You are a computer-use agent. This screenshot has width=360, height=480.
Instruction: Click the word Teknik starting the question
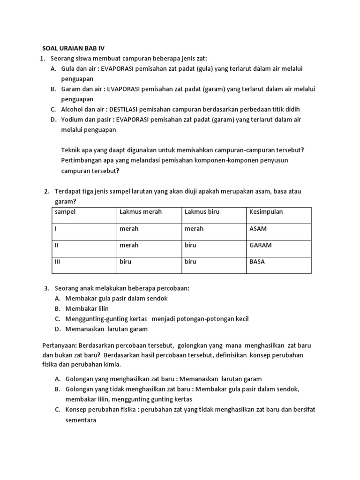pyautogui.click(x=71, y=150)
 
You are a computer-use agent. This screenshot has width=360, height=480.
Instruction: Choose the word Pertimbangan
pyautogui.click(x=82, y=160)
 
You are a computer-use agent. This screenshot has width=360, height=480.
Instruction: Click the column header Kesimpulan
pyautogui.click(x=266, y=212)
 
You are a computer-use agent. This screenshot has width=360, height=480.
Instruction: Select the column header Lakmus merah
pyautogui.click(x=141, y=212)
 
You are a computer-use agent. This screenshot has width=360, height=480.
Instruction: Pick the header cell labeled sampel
pyautogui.click(x=66, y=212)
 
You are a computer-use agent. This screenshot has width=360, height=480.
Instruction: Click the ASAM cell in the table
pyautogui.click(x=258, y=229)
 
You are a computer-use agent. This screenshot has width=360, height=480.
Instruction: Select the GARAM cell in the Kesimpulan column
pyautogui.click(x=260, y=245)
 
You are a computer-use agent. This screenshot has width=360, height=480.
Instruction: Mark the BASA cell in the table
pyautogui.click(x=257, y=262)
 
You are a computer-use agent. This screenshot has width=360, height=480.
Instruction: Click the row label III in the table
pyautogui.click(x=58, y=262)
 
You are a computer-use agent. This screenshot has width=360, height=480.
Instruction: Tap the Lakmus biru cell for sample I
pyautogui.click(x=194, y=229)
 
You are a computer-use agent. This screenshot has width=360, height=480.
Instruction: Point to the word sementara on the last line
pyautogui.click(x=81, y=420)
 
